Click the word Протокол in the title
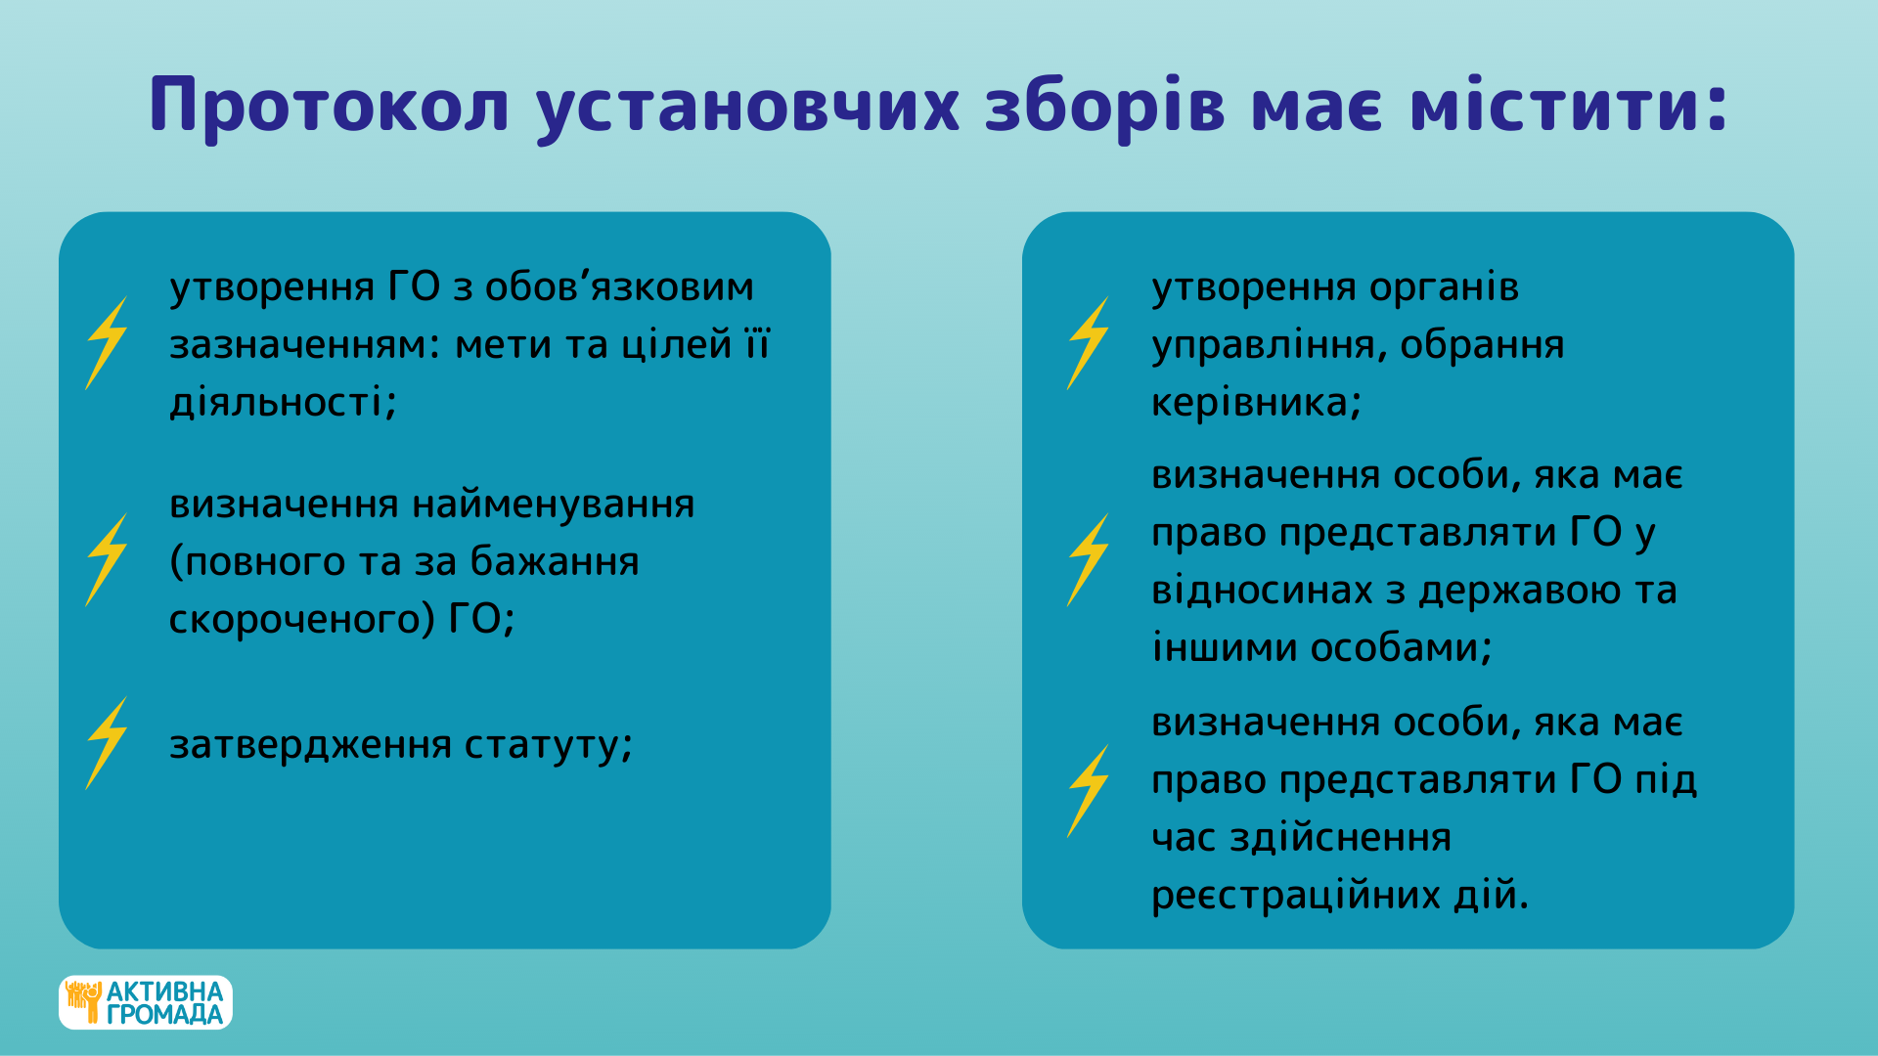(330, 106)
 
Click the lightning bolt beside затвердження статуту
(107, 743)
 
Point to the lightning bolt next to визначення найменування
(107, 560)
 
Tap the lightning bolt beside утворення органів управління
(1088, 343)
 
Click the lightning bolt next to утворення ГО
(107, 343)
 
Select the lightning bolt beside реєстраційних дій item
(1088, 791)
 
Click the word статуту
(548, 745)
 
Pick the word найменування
(553, 505)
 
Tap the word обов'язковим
(619, 286)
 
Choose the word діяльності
(284, 402)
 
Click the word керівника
(1256, 402)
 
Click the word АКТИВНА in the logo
(164, 991)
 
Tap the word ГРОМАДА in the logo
(164, 1015)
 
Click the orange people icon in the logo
(83, 1002)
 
